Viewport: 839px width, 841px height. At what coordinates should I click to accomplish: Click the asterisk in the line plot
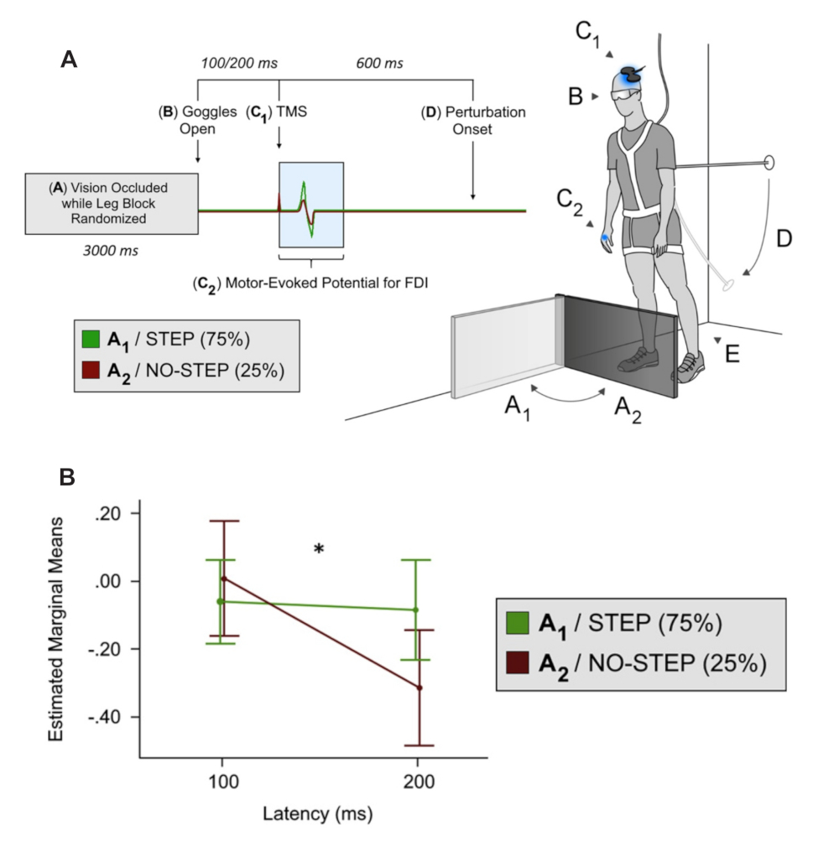(x=319, y=549)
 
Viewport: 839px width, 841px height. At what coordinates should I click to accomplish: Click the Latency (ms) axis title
(x=317, y=813)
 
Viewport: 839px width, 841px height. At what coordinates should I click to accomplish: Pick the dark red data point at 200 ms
(x=419, y=688)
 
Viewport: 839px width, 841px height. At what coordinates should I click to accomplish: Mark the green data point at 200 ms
(x=415, y=610)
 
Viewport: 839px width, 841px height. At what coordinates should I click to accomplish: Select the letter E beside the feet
(x=732, y=354)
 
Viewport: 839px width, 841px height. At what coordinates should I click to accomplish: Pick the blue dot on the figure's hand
(x=604, y=238)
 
